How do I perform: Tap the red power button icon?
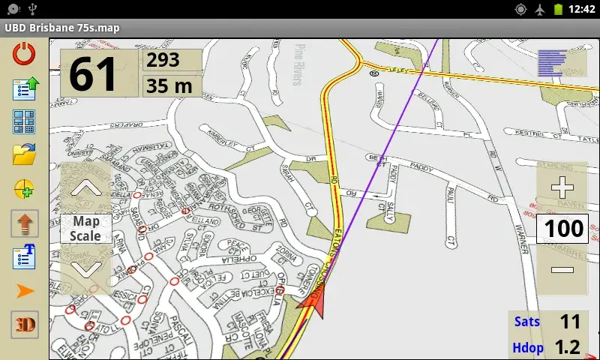(25, 55)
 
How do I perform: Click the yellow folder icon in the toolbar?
(25, 154)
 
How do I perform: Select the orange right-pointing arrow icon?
(25, 291)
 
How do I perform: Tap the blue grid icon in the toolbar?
(25, 121)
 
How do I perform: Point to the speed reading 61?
(94, 73)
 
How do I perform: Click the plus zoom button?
(562, 188)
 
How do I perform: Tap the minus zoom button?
(562, 270)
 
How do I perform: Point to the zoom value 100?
(562, 229)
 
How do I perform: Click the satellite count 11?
(570, 322)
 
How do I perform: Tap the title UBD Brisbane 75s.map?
(62, 28)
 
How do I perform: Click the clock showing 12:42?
(582, 10)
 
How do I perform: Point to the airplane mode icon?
(541, 10)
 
